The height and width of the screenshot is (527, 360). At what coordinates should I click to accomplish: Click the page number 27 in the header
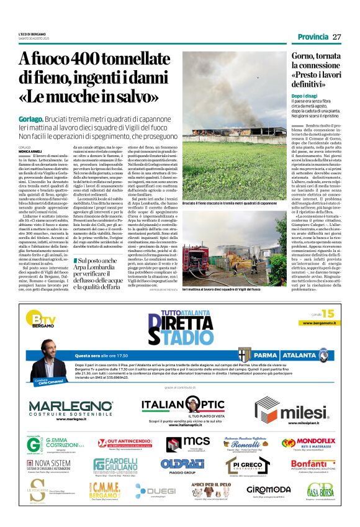(x=337, y=37)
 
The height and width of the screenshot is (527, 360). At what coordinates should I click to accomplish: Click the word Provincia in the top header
(x=312, y=37)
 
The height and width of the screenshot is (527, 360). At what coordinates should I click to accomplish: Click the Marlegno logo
(x=69, y=409)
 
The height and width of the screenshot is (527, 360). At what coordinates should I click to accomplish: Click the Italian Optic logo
(x=182, y=407)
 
